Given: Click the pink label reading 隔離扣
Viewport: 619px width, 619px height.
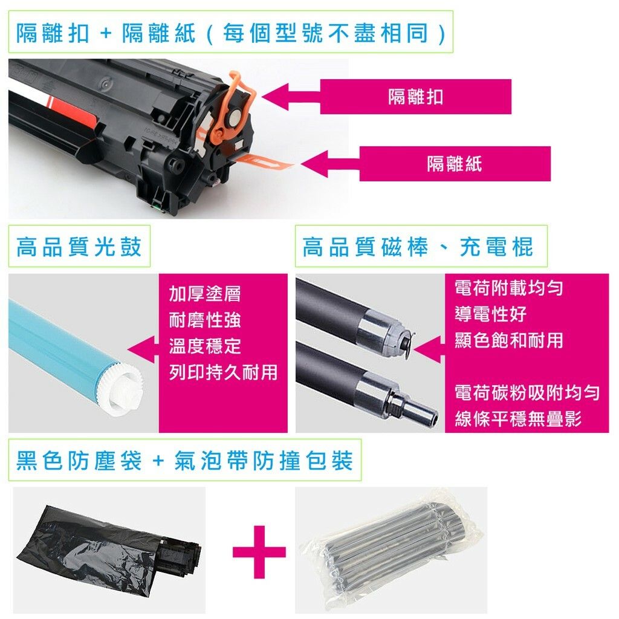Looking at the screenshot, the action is [415, 97].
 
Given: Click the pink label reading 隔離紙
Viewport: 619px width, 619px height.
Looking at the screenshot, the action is [455, 164].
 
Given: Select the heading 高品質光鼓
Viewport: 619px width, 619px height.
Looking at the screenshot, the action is [79, 247].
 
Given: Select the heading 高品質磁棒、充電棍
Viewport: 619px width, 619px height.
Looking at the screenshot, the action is [418, 247].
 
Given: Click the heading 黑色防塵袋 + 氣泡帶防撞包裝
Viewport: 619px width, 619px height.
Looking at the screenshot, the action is [184, 460].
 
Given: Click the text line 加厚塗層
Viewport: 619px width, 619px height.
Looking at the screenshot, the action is [204, 294].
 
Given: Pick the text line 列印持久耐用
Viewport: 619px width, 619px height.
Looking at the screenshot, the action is [223, 372].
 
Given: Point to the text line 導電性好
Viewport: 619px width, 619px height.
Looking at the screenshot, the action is [490, 314].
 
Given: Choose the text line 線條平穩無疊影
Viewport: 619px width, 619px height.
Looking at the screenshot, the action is [518, 418].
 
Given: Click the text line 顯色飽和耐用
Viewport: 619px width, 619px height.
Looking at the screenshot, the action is [508, 340].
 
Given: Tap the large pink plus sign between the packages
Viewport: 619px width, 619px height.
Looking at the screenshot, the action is [259, 552].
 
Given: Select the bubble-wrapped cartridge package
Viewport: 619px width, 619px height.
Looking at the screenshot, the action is [391, 550].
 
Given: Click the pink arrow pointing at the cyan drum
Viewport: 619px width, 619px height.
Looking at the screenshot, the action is [143, 349].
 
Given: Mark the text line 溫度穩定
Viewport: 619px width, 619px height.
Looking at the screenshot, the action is [204, 346].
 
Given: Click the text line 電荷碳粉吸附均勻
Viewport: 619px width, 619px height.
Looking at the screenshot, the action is [527, 392].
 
